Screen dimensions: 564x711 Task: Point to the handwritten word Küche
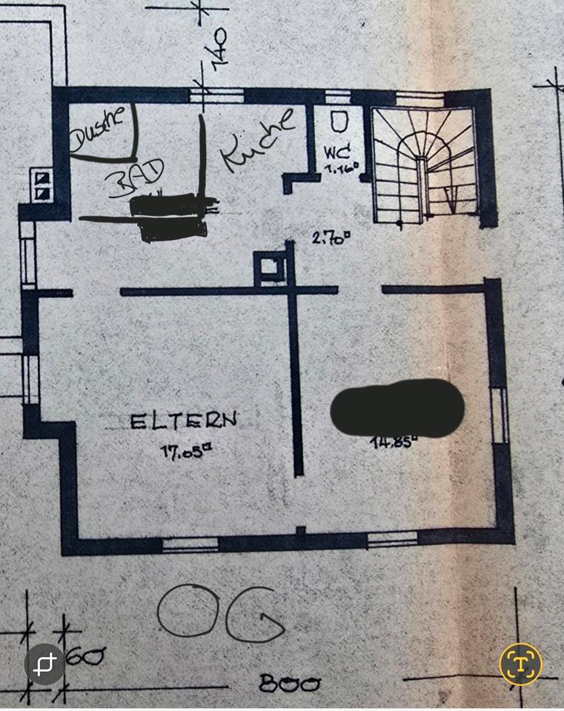click(x=256, y=140)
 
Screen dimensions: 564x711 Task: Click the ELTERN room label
click(x=184, y=421)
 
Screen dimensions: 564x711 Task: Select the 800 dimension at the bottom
click(x=290, y=684)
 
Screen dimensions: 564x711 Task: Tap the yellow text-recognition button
click(x=520, y=664)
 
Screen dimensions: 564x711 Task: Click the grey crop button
click(x=44, y=664)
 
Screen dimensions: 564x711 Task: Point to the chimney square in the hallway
click(x=268, y=267)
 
